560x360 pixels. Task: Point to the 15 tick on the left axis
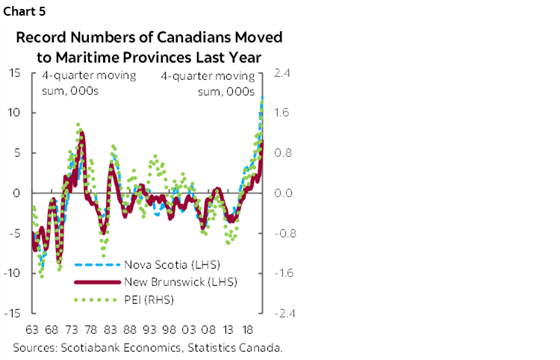click(x=14, y=72)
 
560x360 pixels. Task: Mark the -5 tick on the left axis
click(x=13, y=233)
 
